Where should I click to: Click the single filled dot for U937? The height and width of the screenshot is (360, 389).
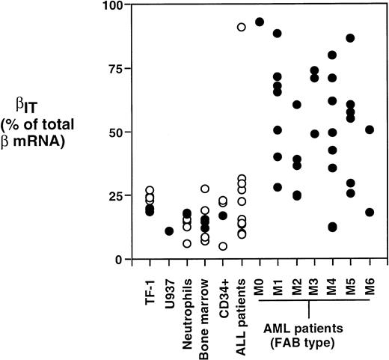pyautogui.click(x=169, y=231)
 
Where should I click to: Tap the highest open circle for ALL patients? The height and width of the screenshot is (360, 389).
pyautogui.click(x=242, y=27)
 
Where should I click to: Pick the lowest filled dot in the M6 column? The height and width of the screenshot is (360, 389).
pyautogui.click(x=370, y=213)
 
